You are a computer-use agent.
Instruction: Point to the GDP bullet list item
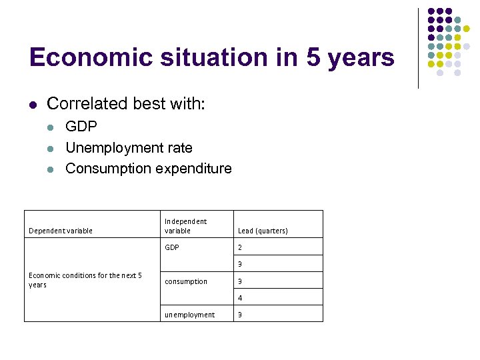point(81,127)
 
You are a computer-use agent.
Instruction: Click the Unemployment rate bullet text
point(129,147)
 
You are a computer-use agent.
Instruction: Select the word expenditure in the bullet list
point(193,169)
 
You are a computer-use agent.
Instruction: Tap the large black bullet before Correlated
point(33,105)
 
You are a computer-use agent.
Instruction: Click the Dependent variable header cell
point(61,231)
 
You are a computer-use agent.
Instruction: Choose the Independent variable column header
point(185,226)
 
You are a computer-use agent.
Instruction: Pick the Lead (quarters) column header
point(263,231)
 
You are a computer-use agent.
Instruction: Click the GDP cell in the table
point(172,247)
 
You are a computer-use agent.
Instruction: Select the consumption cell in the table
point(186,281)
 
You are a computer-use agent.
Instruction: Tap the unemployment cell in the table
point(190,315)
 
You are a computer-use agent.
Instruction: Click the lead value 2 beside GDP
point(240,247)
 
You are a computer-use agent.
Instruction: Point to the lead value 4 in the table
point(240,298)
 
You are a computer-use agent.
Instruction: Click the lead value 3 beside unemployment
point(240,315)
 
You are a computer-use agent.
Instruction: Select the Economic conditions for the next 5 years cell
point(85,280)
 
